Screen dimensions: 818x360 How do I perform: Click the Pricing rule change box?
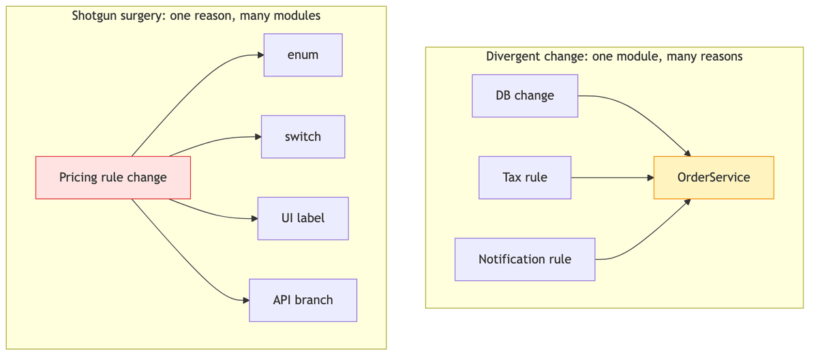coord(113,178)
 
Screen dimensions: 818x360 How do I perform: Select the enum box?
coord(303,55)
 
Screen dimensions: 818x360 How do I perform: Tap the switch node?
coord(303,137)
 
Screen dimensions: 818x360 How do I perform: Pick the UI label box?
coord(303,219)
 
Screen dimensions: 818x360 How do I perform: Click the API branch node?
coord(303,301)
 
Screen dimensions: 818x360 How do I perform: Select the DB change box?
coord(525,96)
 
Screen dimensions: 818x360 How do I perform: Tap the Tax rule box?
coord(525,178)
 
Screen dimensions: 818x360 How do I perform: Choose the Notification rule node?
coord(525,260)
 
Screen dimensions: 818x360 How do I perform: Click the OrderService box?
coord(714,178)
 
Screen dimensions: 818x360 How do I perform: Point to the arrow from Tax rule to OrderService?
coord(612,178)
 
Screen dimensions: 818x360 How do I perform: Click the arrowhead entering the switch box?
coord(258,137)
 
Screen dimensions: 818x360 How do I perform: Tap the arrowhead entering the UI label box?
coord(254,219)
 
